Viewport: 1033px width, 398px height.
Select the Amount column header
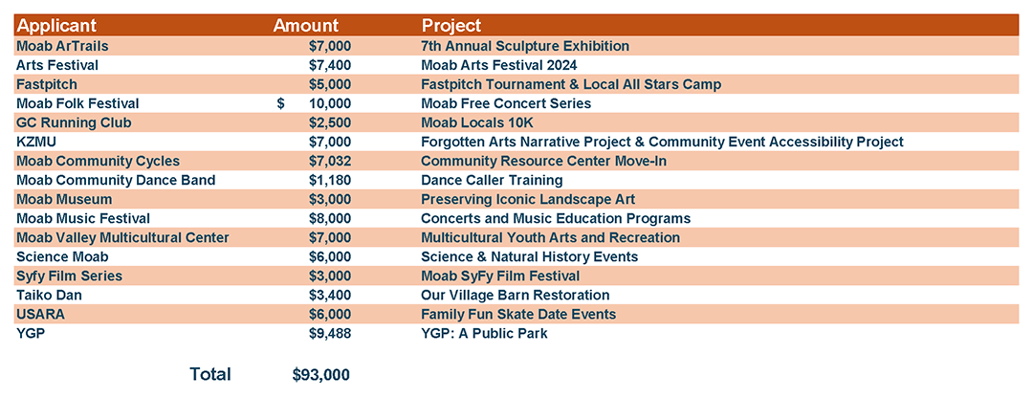click(306, 26)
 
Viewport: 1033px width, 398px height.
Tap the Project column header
click(451, 26)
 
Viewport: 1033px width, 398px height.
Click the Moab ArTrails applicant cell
click(64, 46)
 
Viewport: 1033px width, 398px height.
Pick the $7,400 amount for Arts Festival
click(330, 65)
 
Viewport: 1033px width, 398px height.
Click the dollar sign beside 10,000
click(281, 103)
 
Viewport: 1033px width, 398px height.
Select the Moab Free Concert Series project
click(506, 103)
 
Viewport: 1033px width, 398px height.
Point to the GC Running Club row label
click(74, 122)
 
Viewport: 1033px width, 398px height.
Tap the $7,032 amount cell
click(330, 161)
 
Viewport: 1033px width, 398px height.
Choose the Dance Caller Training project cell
click(492, 180)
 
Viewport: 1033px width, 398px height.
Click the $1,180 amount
click(330, 180)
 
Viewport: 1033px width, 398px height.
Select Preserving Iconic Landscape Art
click(528, 199)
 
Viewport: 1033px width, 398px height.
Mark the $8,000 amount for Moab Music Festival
click(330, 218)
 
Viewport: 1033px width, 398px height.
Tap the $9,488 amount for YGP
click(330, 333)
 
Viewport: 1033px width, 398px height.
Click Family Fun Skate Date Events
click(518, 314)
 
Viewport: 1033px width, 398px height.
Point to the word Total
click(210, 374)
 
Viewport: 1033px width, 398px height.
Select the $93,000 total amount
click(321, 374)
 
